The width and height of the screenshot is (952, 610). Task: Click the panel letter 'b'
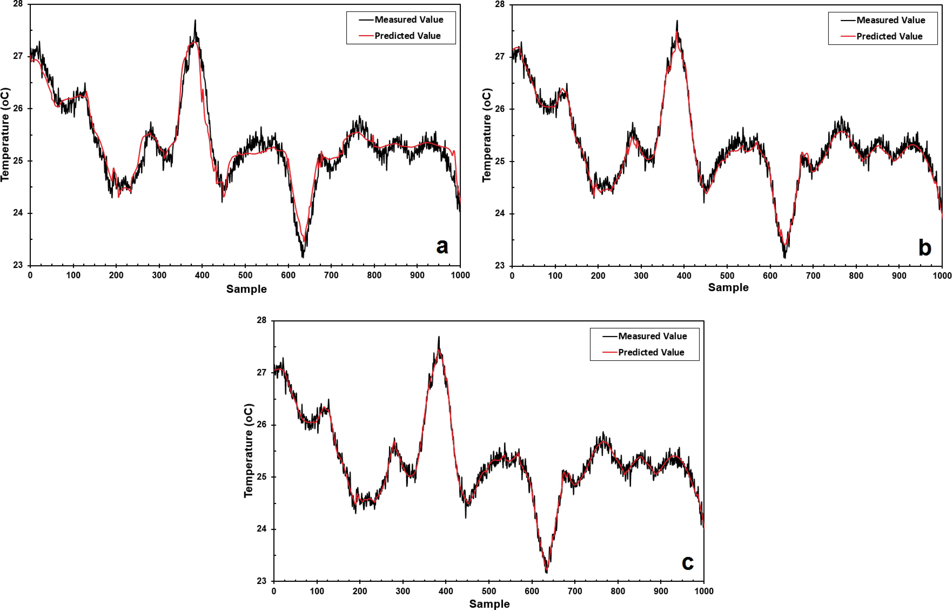click(925, 248)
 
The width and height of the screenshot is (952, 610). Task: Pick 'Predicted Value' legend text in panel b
click(889, 36)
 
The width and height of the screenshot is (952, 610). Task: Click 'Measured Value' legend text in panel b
click(891, 20)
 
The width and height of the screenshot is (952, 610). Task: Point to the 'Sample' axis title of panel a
click(246, 289)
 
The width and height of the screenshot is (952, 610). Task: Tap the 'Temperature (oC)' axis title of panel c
click(248, 451)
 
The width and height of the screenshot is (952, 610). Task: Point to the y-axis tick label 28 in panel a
click(18, 4)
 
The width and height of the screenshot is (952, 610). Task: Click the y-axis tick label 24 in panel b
click(500, 214)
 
